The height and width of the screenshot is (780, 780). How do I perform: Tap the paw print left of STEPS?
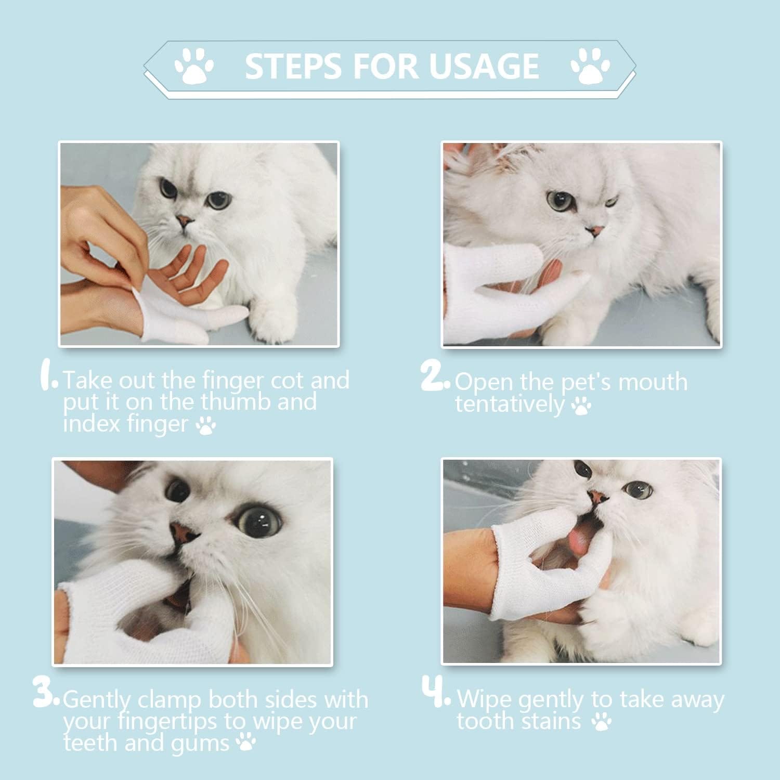pos(194,66)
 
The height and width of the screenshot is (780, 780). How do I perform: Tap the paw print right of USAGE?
pos(590,66)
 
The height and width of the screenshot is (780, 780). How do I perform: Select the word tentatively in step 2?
pos(510,404)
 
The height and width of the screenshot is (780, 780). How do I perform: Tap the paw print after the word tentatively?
pos(581,406)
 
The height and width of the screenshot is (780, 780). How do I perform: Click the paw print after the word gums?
pos(246,743)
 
